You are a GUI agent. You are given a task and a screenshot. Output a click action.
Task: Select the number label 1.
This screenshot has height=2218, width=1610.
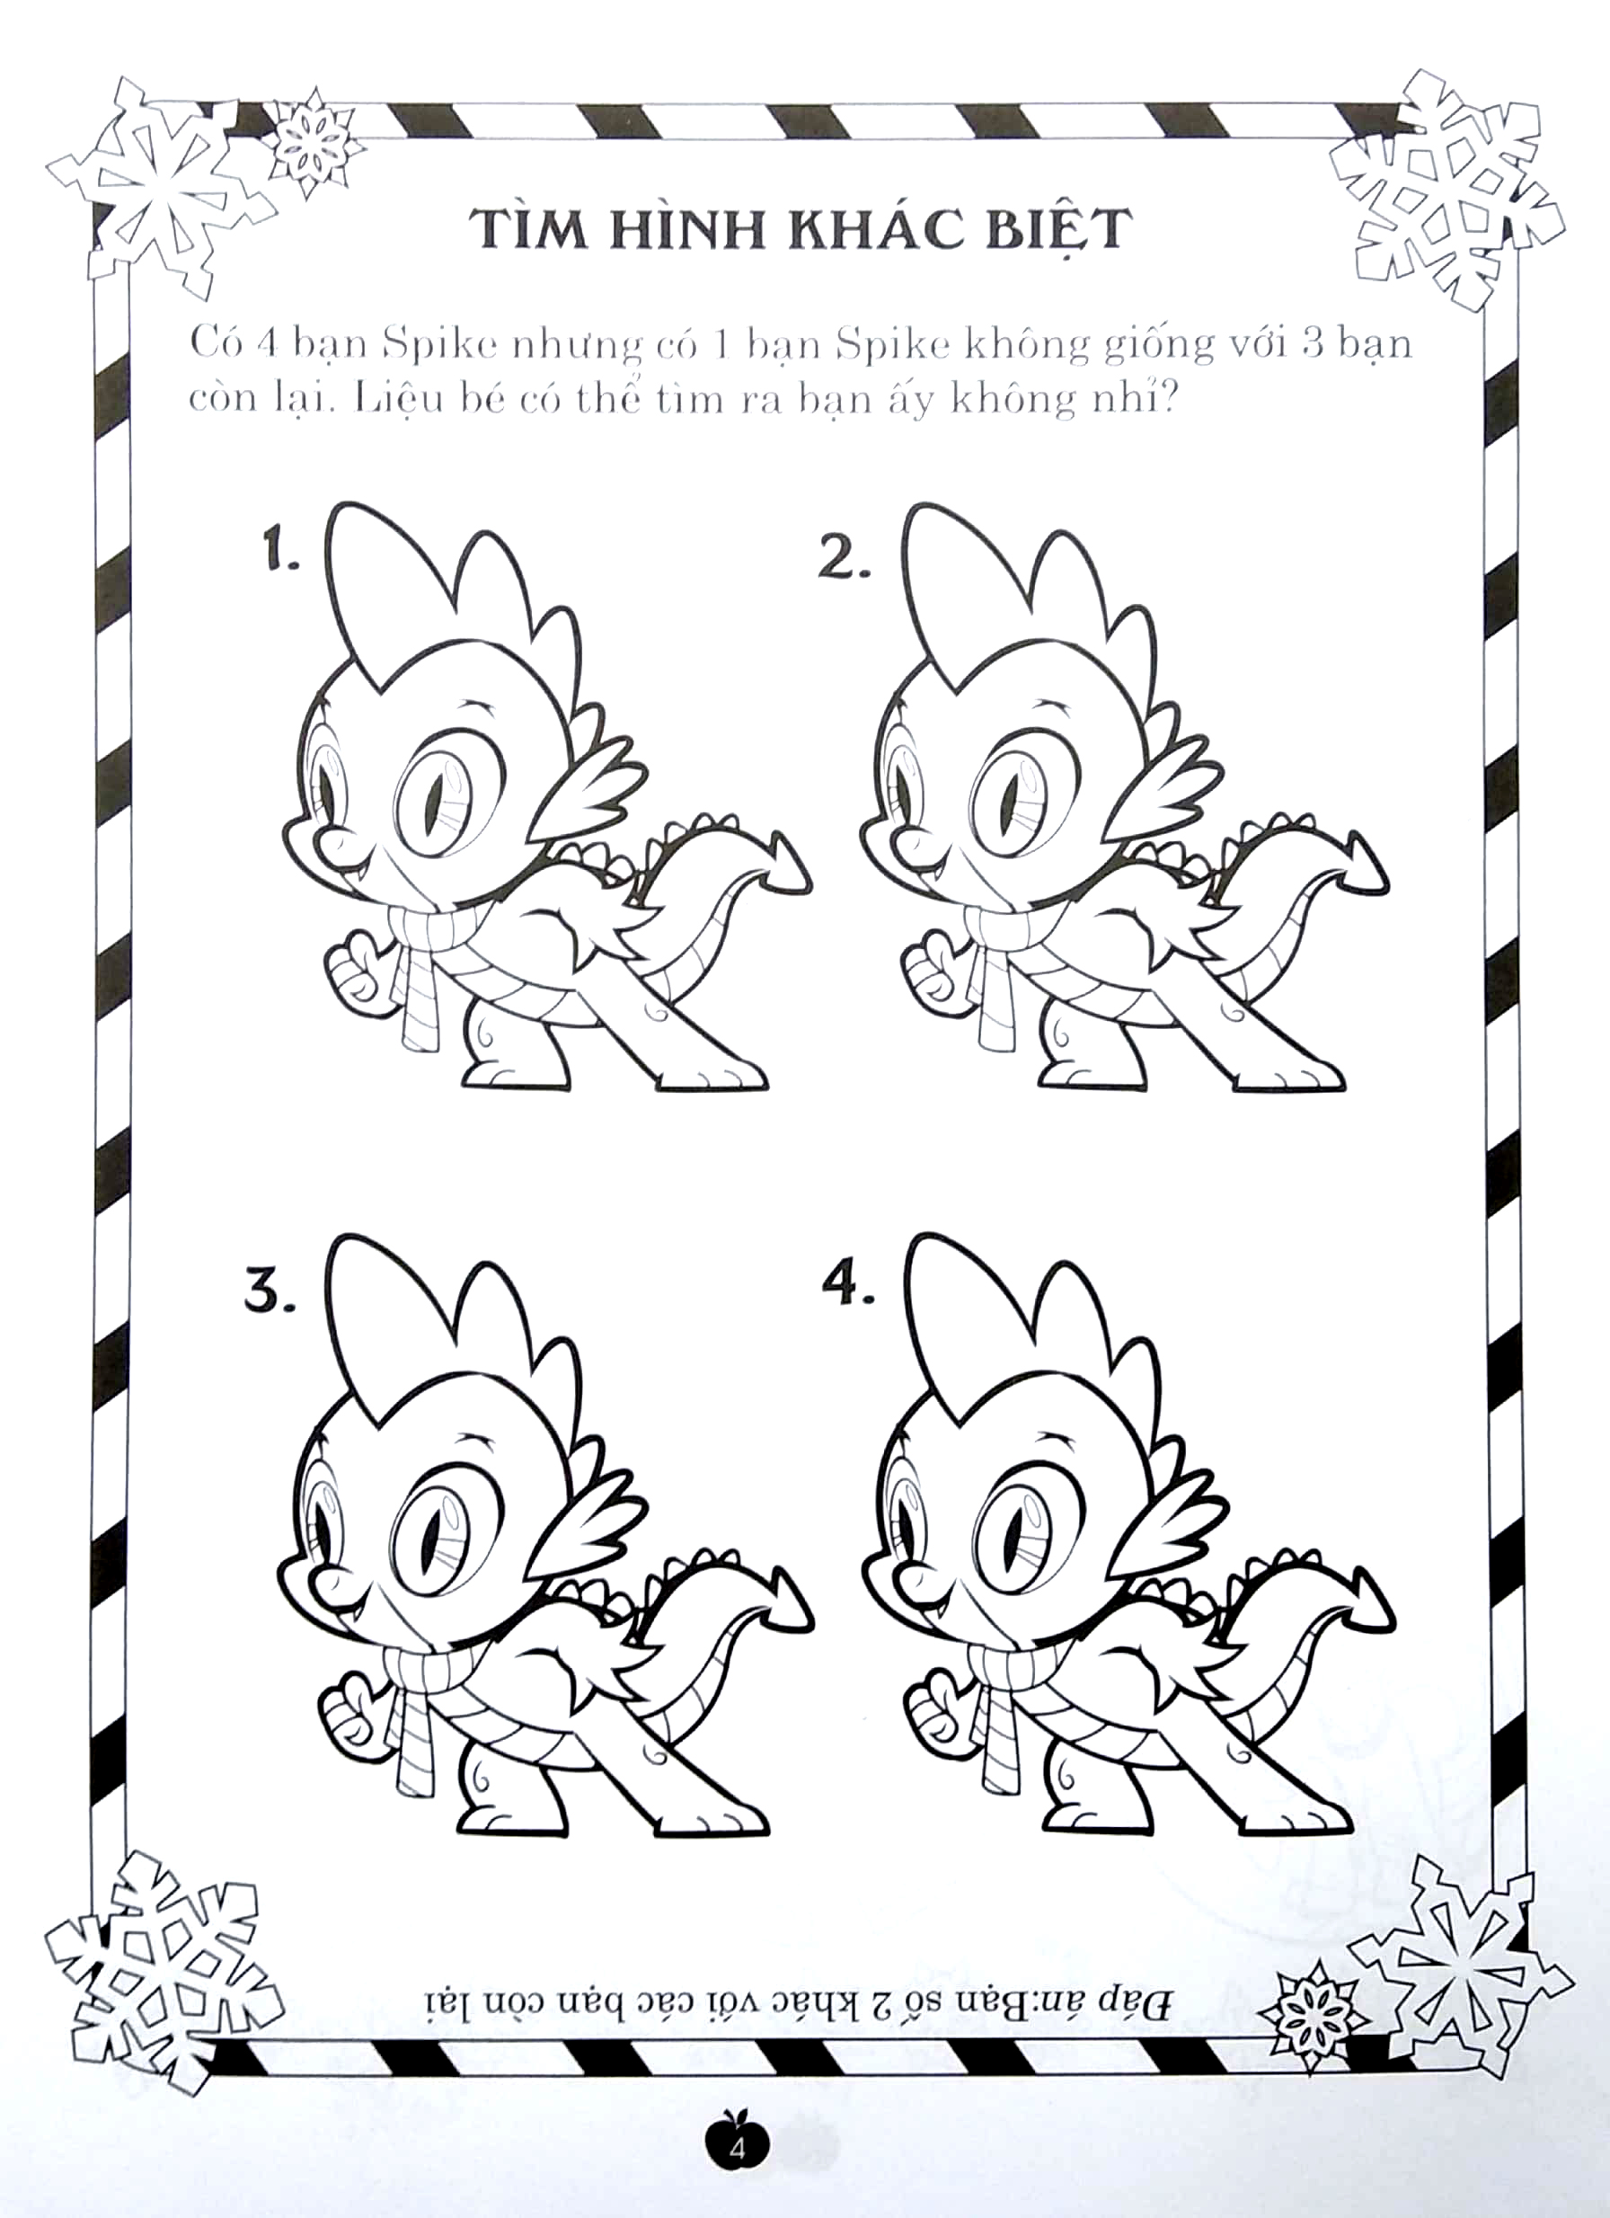click(279, 554)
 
